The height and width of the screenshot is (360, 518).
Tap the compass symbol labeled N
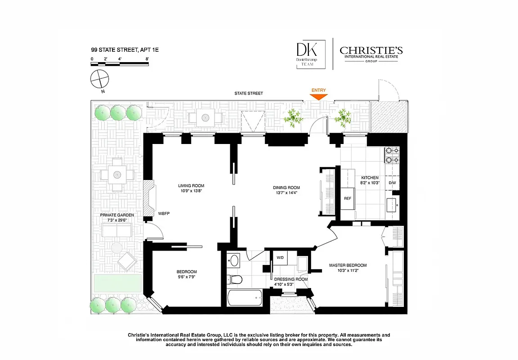tap(100, 80)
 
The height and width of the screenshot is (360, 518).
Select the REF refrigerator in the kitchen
tap(347, 198)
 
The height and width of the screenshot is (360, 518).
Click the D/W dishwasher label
tap(392, 183)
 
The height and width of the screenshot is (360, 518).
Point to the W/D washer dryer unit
tap(280, 258)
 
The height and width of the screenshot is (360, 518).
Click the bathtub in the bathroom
tap(245, 297)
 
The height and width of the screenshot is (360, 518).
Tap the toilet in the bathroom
tap(233, 279)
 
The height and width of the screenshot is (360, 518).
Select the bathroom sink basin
tap(233, 260)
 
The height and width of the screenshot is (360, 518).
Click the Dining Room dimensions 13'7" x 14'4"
tap(286, 193)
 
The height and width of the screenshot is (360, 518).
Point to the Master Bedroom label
tap(348, 265)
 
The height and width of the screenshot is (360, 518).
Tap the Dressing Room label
tap(291, 279)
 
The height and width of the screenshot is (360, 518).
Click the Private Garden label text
tap(117, 215)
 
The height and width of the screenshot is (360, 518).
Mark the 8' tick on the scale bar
tap(147, 59)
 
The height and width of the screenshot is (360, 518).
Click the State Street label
tap(248, 93)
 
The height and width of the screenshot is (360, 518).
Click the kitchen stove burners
tap(391, 155)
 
